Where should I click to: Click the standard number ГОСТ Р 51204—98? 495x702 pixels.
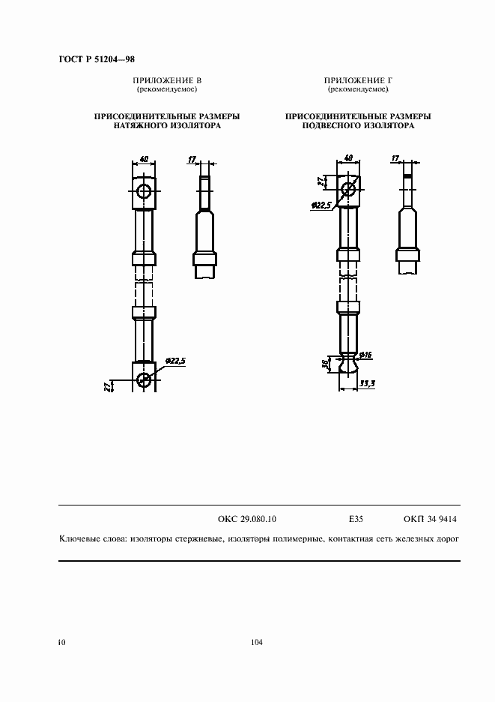click(96, 58)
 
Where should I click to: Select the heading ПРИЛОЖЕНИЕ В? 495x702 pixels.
click(167, 80)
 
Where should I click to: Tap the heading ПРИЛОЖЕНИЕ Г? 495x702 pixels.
click(358, 80)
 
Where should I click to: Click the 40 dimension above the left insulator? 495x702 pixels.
click(144, 159)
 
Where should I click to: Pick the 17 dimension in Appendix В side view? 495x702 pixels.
click(192, 159)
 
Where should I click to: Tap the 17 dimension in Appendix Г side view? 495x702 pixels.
click(395, 159)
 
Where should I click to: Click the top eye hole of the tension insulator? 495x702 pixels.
click(144, 191)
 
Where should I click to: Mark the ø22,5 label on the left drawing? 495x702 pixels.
click(174, 361)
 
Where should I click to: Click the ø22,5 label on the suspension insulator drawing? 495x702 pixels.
click(321, 205)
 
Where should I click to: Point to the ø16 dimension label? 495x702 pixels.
click(367, 354)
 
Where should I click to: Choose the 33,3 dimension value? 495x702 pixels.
click(367, 383)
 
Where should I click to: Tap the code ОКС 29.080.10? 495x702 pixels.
click(247, 518)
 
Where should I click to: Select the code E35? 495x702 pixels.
click(356, 518)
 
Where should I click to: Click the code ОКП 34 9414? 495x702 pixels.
click(430, 518)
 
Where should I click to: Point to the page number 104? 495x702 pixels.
click(257, 642)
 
